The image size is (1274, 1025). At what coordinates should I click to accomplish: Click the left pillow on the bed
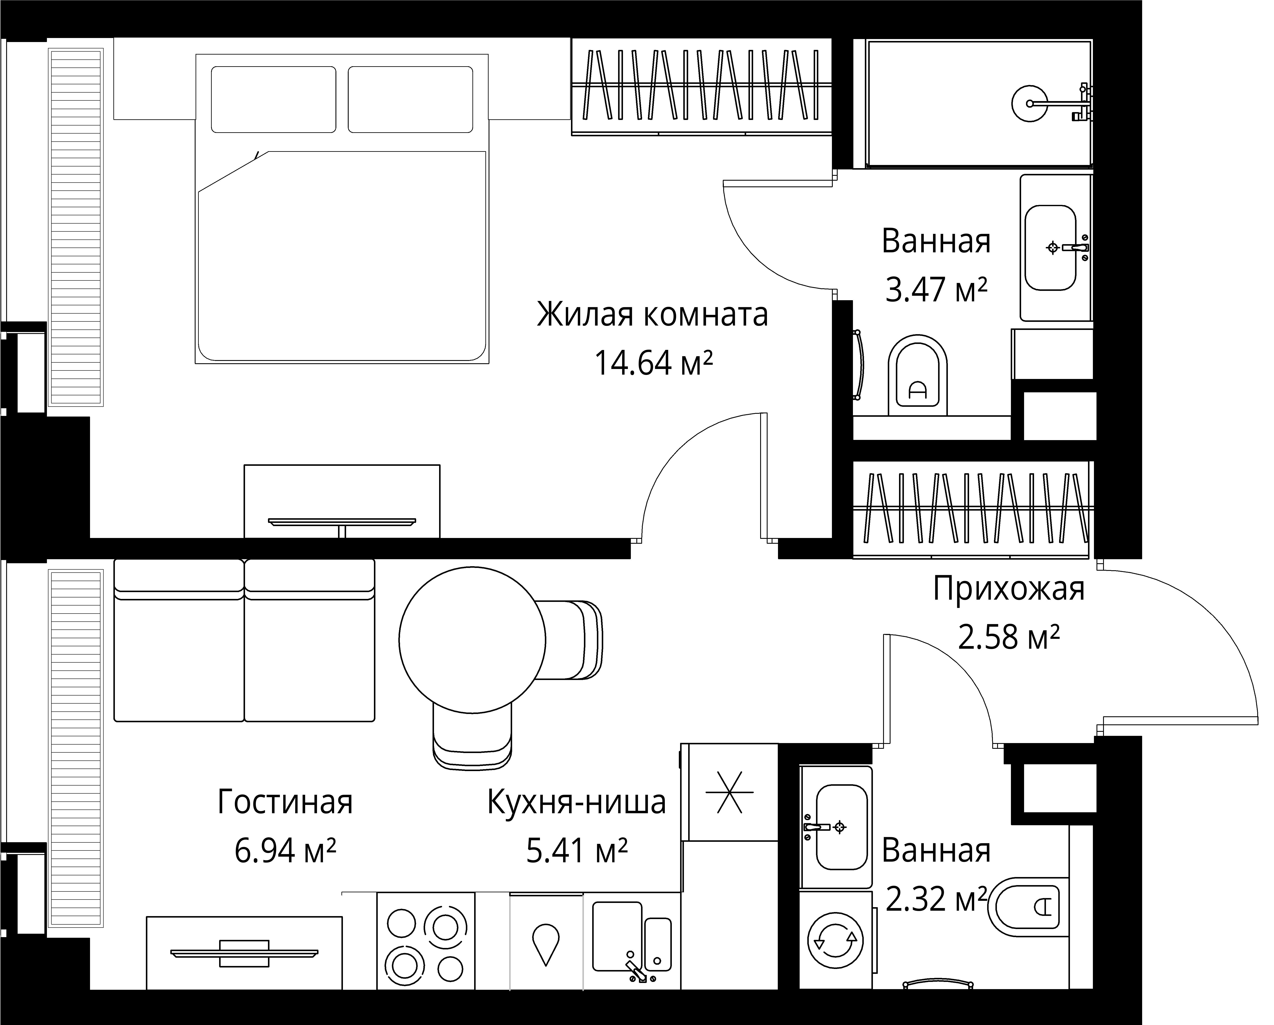(273, 99)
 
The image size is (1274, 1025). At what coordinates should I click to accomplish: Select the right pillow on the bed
(410, 99)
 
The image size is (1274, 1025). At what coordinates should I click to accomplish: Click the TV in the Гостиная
(244, 953)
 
